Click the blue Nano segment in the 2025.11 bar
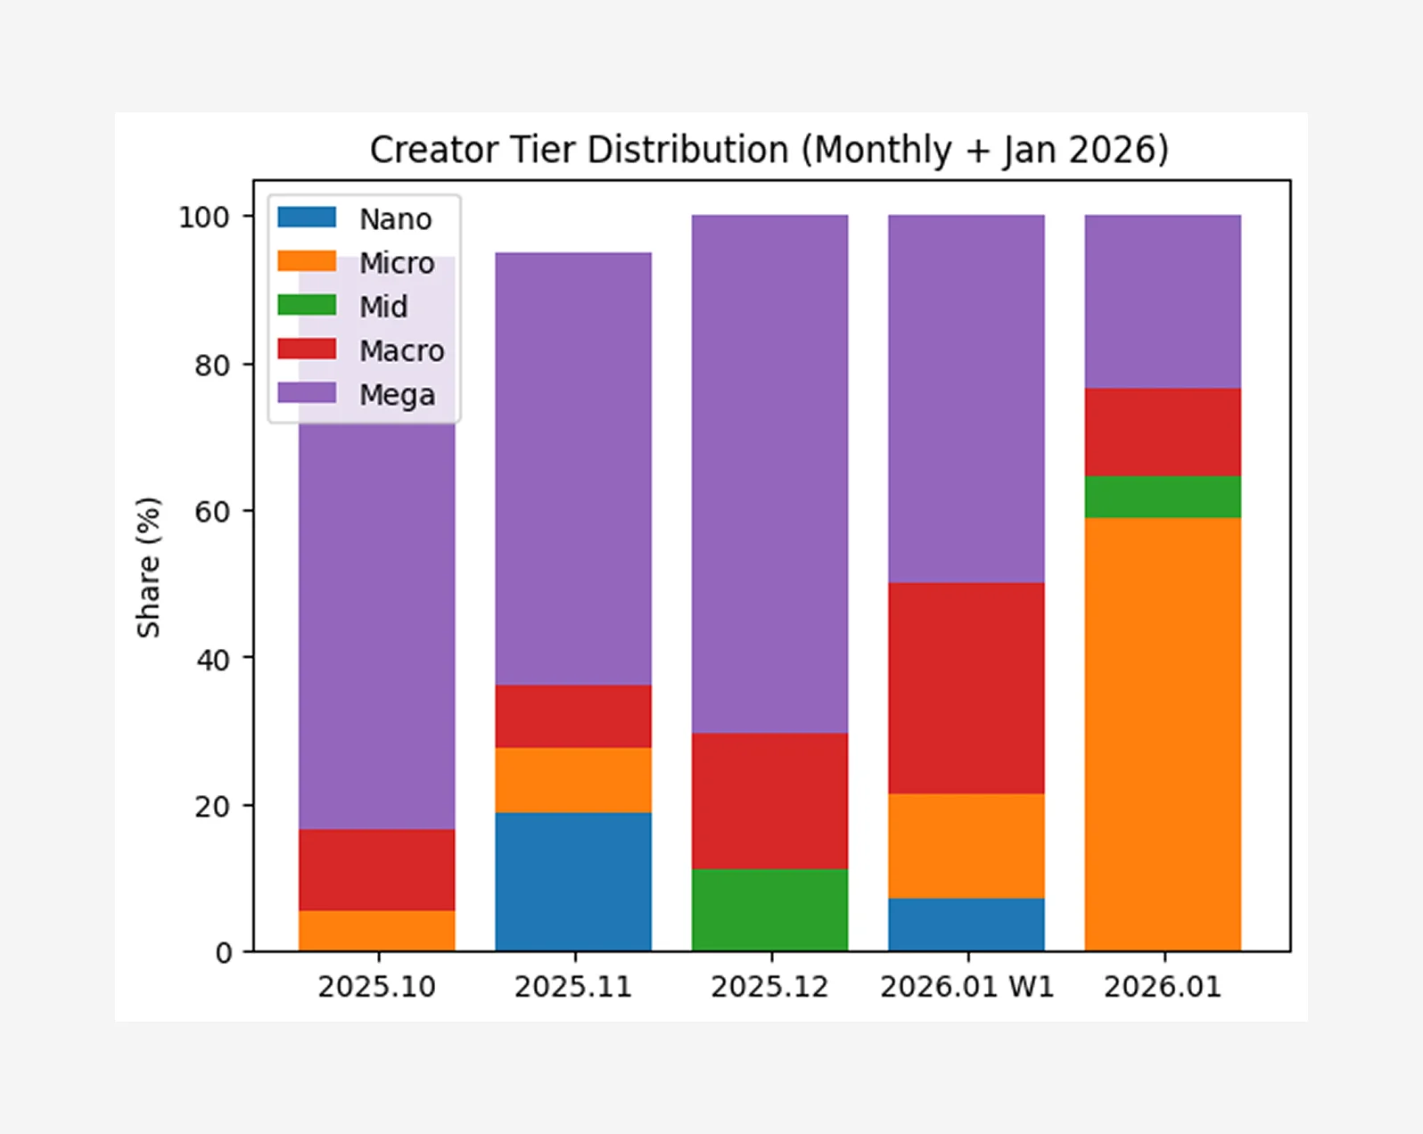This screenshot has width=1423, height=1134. tap(573, 882)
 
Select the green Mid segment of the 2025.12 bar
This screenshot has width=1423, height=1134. tap(769, 910)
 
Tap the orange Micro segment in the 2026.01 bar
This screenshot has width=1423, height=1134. tap(1163, 734)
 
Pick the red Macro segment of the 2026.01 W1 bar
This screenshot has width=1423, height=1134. tap(966, 688)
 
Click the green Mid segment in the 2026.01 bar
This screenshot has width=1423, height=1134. tap(1163, 497)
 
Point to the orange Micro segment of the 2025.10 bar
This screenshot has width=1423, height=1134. tap(377, 931)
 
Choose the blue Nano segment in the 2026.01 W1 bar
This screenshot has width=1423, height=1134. tap(966, 924)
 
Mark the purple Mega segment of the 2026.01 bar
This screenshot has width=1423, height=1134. tap(1163, 301)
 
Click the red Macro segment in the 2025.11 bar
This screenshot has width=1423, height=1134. tap(573, 716)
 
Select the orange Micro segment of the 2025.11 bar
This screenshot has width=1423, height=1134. tap(573, 780)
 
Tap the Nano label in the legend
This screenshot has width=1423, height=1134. tap(395, 219)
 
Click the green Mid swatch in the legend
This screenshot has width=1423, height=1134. tap(307, 305)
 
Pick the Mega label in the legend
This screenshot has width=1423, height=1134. tap(397, 395)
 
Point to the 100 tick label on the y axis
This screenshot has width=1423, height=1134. tap(203, 218)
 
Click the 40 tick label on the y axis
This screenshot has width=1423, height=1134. tap(212, 660)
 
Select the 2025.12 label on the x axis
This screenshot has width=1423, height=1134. tap(769, 987)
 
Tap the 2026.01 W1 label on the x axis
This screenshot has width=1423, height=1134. tap(966, 987)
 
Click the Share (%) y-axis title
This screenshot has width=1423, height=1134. tap(148, 567)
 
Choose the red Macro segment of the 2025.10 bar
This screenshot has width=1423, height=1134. tap(377, 869)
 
